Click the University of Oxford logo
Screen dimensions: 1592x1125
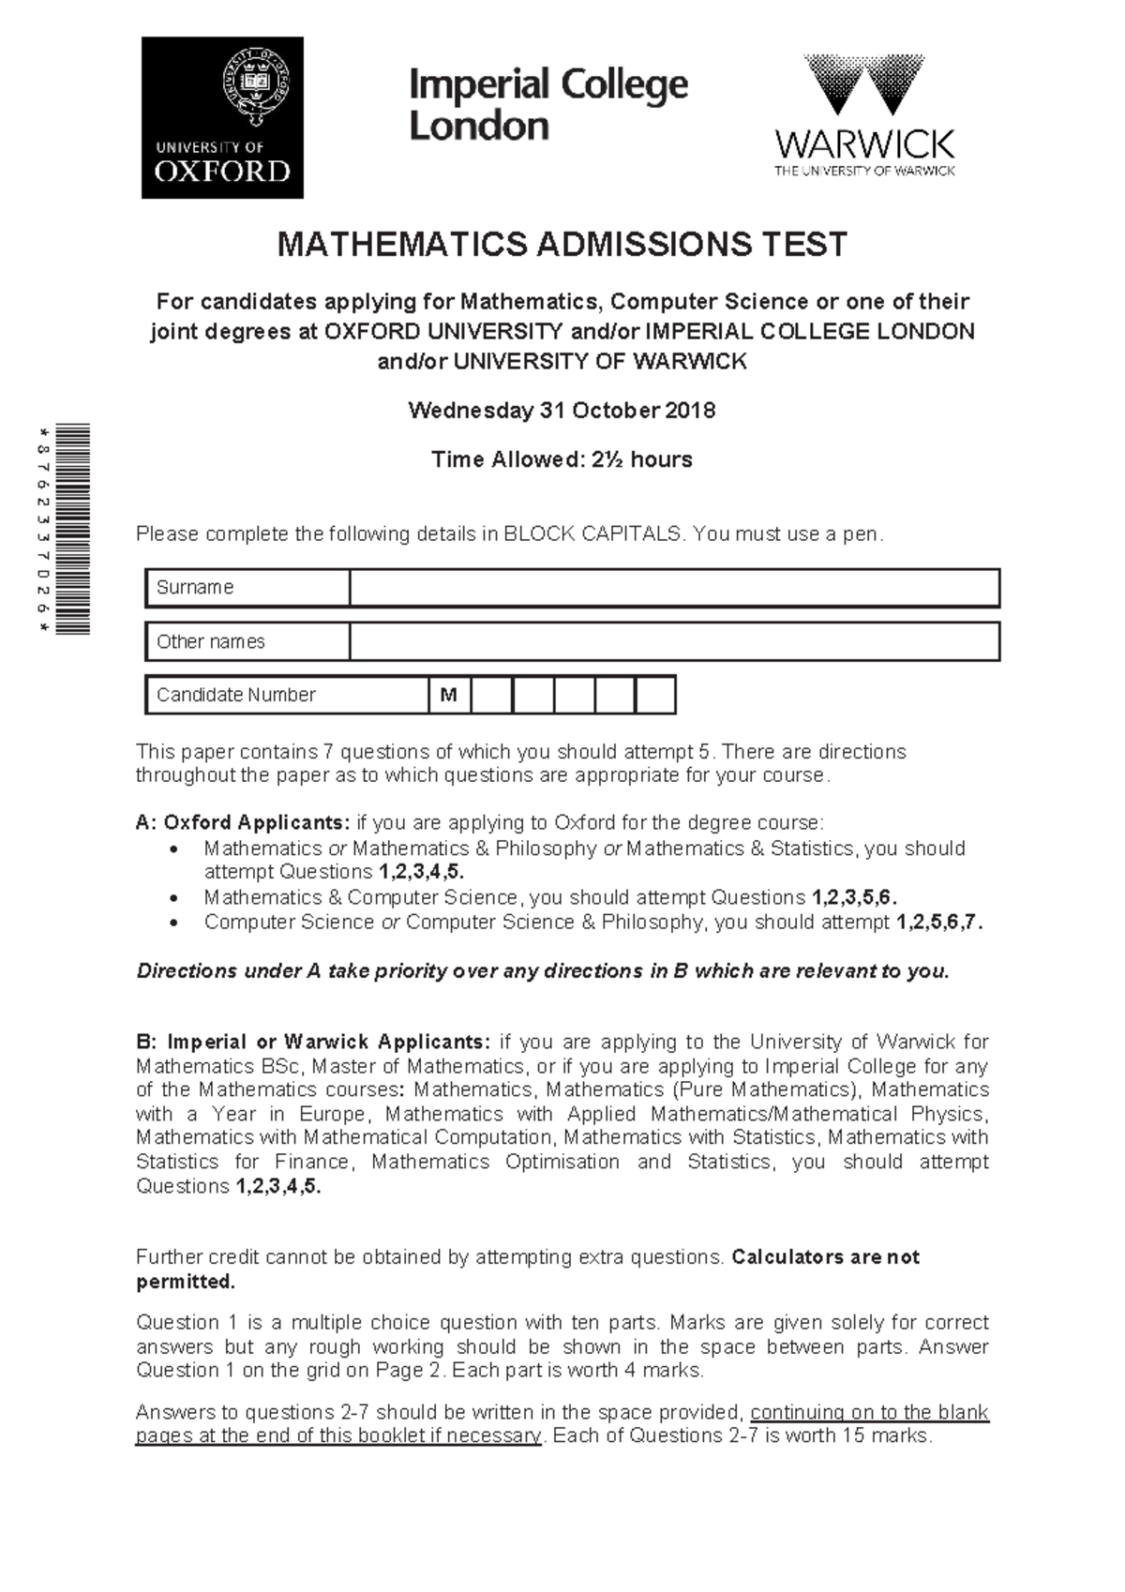click(222, 118)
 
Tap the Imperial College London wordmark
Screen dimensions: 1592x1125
click(548, 104)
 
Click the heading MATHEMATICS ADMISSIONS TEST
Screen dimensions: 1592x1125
click(562, 245)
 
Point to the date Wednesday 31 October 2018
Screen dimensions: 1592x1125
click(562, 411)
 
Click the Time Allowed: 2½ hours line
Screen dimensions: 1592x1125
click(562, 459)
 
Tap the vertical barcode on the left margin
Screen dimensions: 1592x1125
click(72, 530)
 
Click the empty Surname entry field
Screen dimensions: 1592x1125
click(673, 588)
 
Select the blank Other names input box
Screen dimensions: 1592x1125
click(673, 642)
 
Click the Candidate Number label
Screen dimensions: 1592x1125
click(235, 695)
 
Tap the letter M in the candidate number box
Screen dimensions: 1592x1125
click(449, 696)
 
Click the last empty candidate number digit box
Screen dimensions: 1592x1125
click(654, 696)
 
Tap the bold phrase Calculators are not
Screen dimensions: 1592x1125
click(825, 1257)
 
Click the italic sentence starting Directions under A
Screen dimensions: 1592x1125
click(543, 971)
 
